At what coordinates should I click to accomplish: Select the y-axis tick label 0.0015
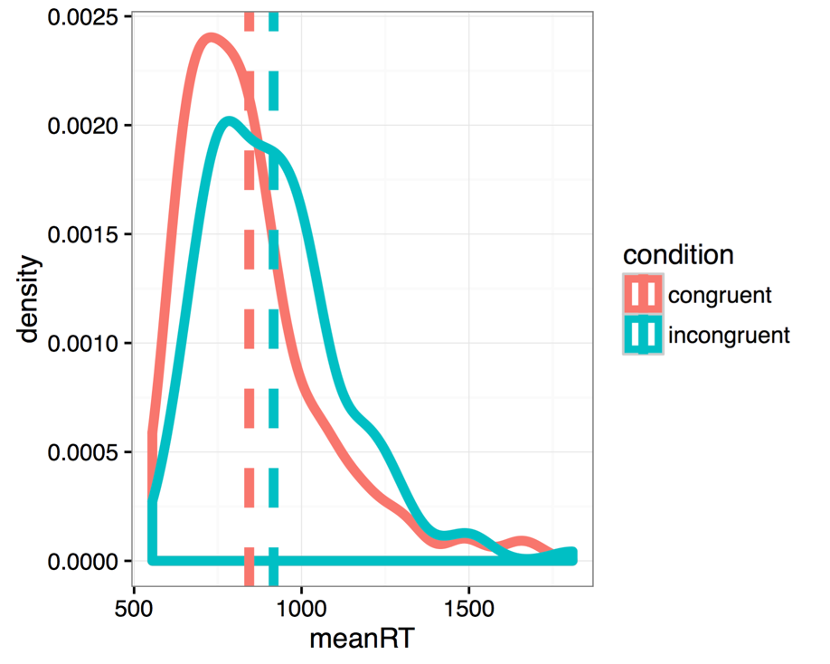coord(89,234)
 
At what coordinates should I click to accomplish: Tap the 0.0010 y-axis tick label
coord(89,343)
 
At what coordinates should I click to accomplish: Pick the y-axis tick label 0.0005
coord(89,452)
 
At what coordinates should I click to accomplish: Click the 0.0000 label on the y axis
coord(89,561)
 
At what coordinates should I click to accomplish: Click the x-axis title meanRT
coord(362,639)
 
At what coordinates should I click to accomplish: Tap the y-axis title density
coord(30,299)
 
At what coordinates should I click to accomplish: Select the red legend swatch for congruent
coord(643,294)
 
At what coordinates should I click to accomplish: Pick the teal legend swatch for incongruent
coord(643,335)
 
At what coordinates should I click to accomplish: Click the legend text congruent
coord(719,295)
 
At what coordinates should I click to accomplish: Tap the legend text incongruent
coord(729,336)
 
